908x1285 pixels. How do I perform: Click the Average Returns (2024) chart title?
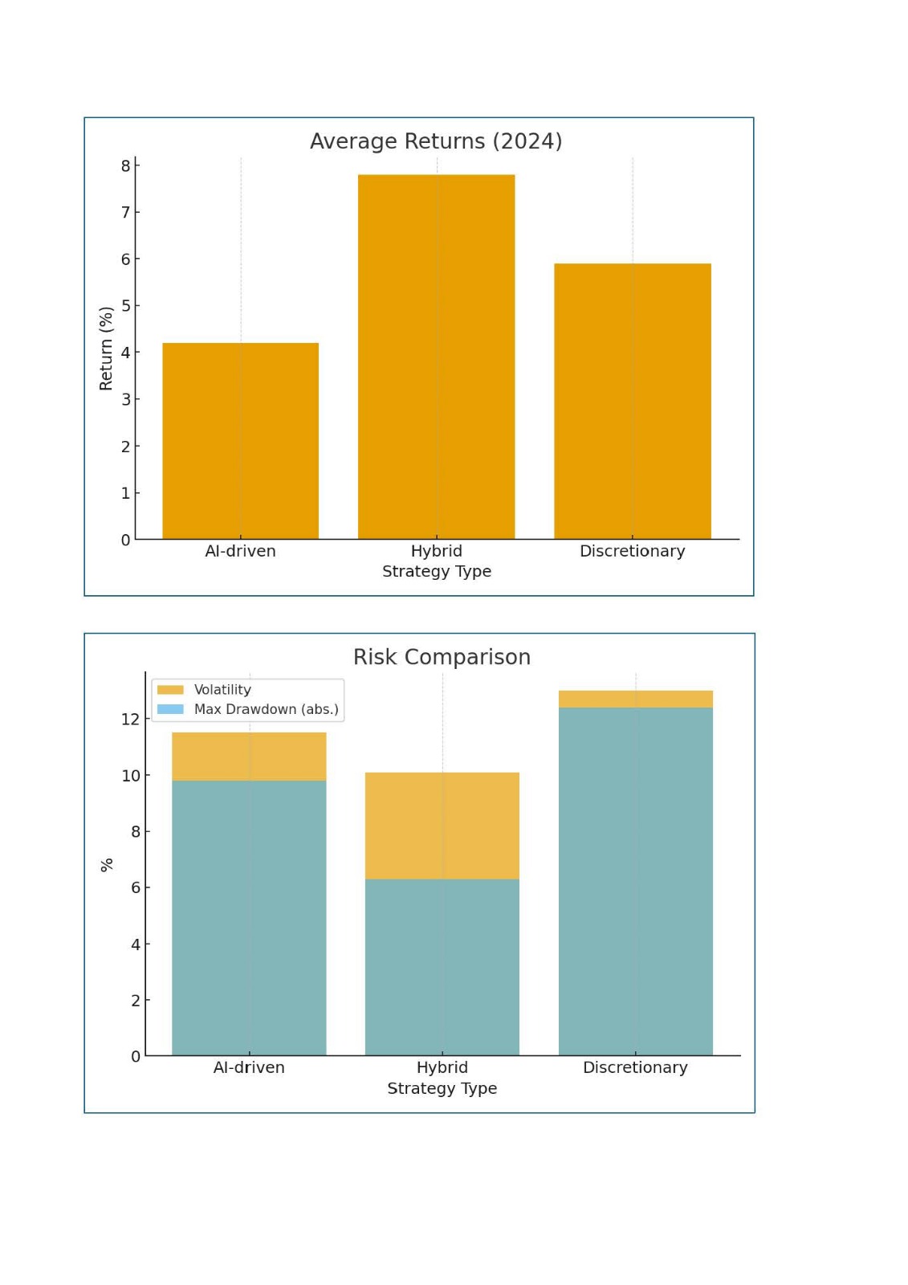[x=436, y=141]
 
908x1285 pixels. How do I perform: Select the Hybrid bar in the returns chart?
[x=436, y=356]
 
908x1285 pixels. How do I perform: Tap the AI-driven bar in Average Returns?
[x=240, y=440]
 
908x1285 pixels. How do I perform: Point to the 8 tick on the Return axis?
[x=125, y=166]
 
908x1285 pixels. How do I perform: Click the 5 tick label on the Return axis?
[x=125, y=306]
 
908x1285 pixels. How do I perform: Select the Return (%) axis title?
[x=106, y=349]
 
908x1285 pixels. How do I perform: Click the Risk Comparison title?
[x=442, y=657]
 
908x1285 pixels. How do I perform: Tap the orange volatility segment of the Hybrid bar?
[x=442, y=826]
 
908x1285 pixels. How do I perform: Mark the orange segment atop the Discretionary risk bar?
[x=635, y=699]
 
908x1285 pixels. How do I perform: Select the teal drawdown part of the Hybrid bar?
[x=442, y=967]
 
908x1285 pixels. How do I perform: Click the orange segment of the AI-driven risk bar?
[x=249, y=757]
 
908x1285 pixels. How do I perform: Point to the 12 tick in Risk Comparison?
[x=131, y=720]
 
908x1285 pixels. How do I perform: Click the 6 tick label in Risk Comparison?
[x=135, y=887]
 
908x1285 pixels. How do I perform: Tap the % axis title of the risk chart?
[x=107, y=865]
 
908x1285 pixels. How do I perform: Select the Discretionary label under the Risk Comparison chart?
[x=635, y=1067]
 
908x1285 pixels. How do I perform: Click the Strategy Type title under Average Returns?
[x=436, y=571]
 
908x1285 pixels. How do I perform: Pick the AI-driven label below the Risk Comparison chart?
[x=249, y=1067]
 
